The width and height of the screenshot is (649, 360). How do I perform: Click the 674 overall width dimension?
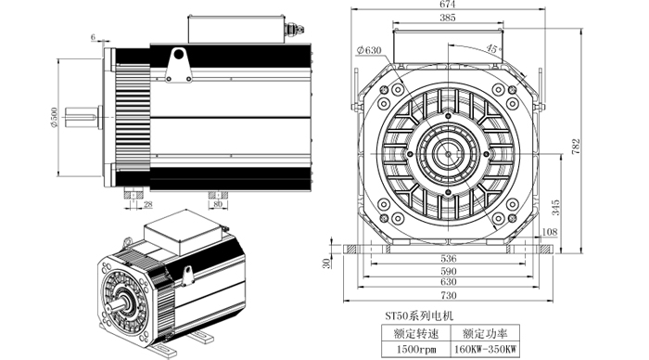(x=448, y=4)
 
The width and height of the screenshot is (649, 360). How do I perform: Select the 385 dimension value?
(x=448, y=18)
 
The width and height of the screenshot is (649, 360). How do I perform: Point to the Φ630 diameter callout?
(x=368, y=50)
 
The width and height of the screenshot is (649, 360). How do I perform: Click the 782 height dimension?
(x=576, y=147)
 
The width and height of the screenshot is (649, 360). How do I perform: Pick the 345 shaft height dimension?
(x=555, y=207)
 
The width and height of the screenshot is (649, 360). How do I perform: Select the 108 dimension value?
(x=550, y=232)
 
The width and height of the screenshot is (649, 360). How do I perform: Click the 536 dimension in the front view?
(x=448, y=259)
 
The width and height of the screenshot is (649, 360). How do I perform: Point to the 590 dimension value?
(x=448, y=271)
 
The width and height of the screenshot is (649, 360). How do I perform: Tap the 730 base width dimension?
(x=448, y=295)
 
